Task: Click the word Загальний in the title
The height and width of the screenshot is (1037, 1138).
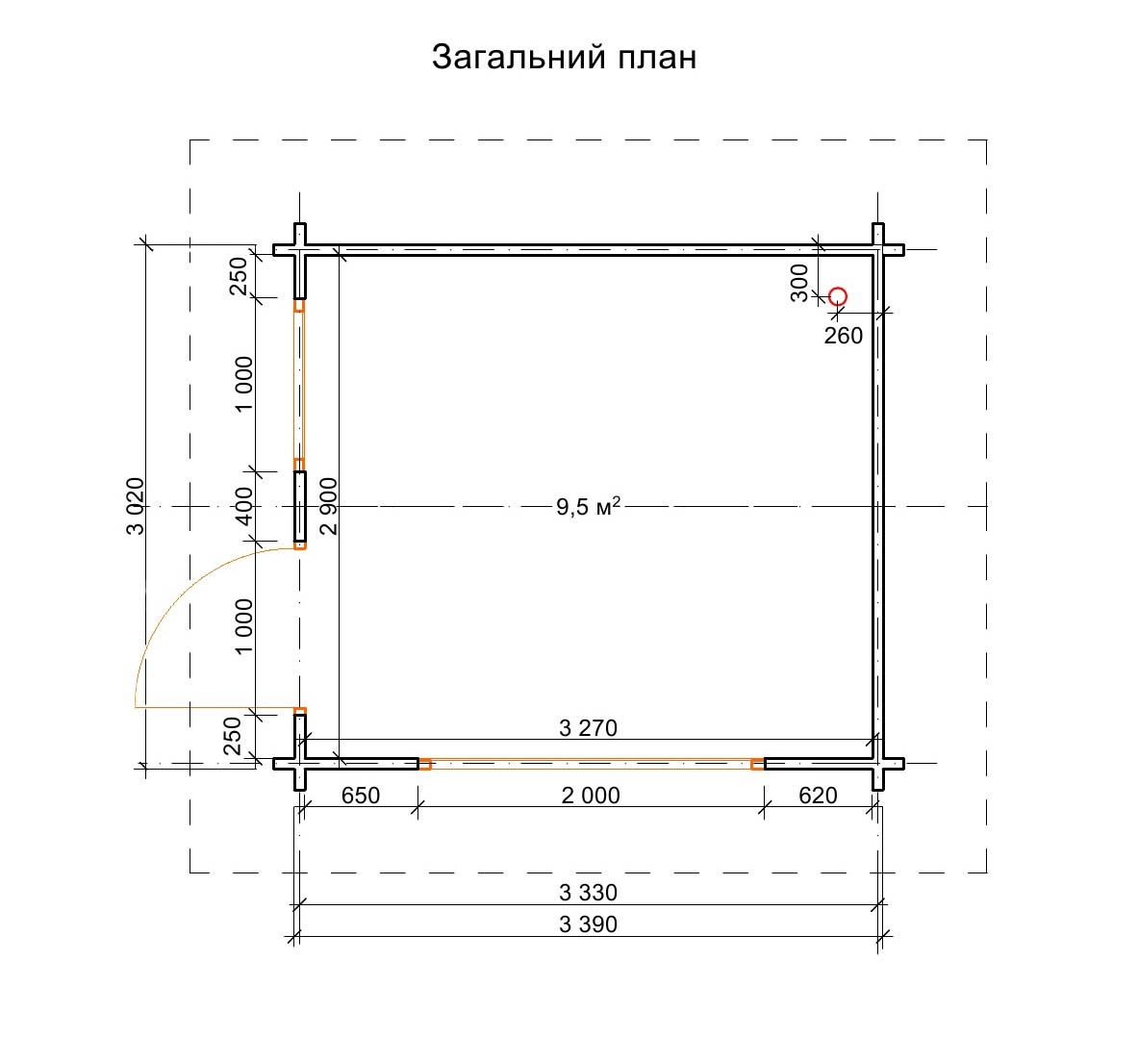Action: (x=520, y=58)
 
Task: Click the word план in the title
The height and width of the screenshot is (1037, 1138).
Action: (x=657, y=58)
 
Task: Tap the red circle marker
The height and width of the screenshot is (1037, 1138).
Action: (x=838, y=297)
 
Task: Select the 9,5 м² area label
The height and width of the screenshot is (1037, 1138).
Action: (x=588, y=506)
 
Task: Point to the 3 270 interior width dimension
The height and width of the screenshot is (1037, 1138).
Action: (x=588, y=728)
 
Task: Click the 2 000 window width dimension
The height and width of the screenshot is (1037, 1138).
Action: (x=591, y=796)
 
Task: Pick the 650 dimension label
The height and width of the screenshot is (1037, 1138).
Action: (x=361, y=796)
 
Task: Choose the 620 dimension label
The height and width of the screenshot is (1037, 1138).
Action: (x=818, y=796)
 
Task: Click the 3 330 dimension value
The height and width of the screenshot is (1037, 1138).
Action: (x=588, y=893)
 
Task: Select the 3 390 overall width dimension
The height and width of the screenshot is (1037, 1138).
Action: (x=588, y=924)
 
